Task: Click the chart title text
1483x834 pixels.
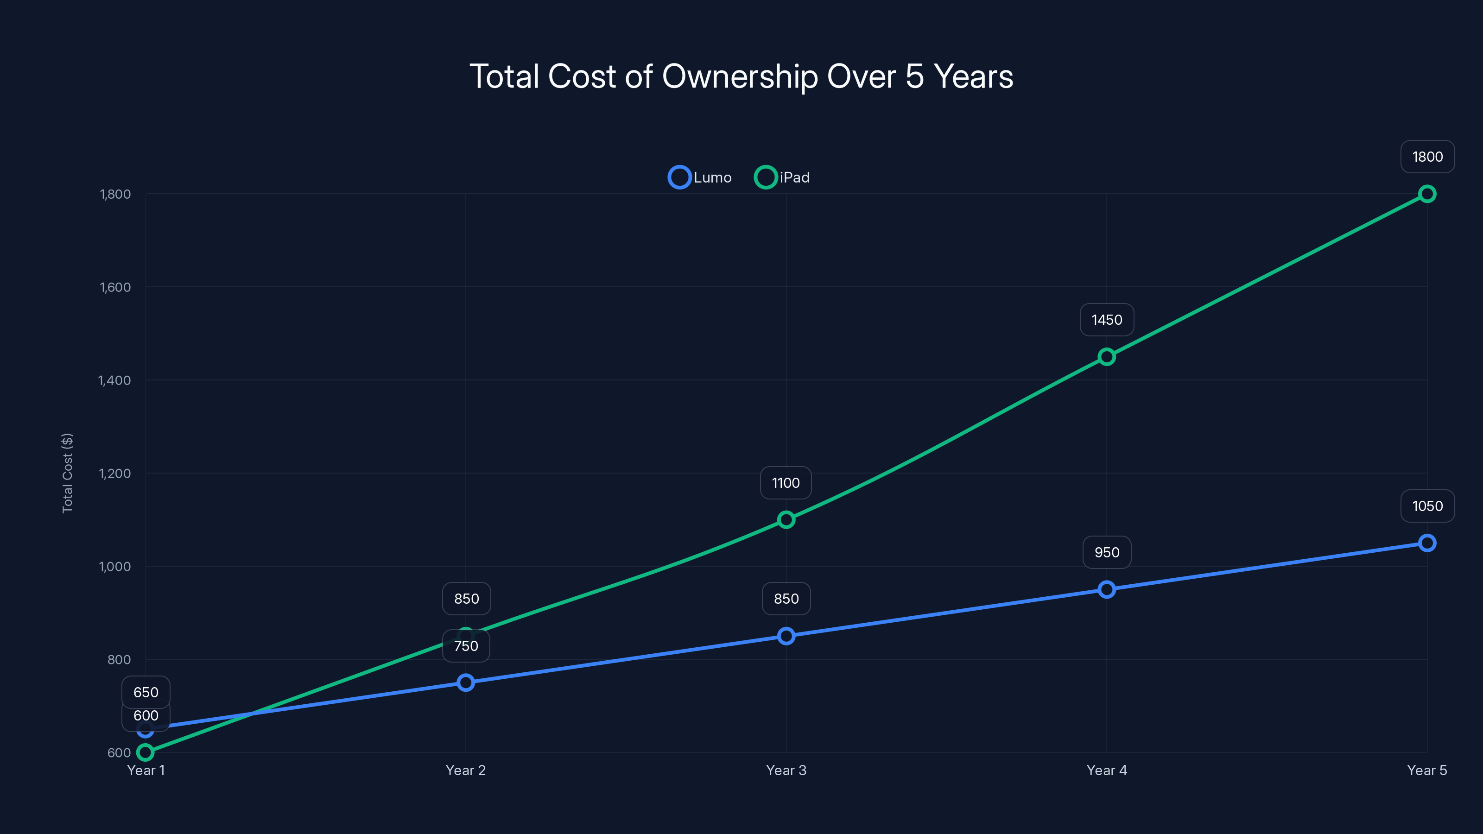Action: coord(741,76)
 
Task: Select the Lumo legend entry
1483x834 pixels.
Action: coord(700,177)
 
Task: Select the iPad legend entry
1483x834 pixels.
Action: coord(782,177)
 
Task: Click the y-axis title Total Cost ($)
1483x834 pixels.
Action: coord(67,473)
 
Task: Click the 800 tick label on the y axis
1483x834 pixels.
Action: coord(119,660)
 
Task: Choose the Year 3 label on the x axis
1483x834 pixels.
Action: coord(786,770)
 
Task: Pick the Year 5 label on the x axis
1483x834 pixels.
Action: coord(1426,770)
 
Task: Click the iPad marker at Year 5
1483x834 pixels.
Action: coord(1426,194)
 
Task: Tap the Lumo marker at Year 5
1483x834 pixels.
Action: coord(1426,543)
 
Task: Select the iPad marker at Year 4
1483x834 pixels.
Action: coord(1106,357)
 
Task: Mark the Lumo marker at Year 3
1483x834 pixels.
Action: coord(786,636)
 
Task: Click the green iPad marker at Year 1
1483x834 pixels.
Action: coord(145,752)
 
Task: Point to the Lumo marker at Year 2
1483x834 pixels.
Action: coord(466,682)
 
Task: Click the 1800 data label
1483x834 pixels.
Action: coord(1426,157)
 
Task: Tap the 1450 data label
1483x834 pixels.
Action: coord(1106,320)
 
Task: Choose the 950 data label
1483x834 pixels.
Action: coord(1106,553)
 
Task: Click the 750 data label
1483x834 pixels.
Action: coord(466,646)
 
